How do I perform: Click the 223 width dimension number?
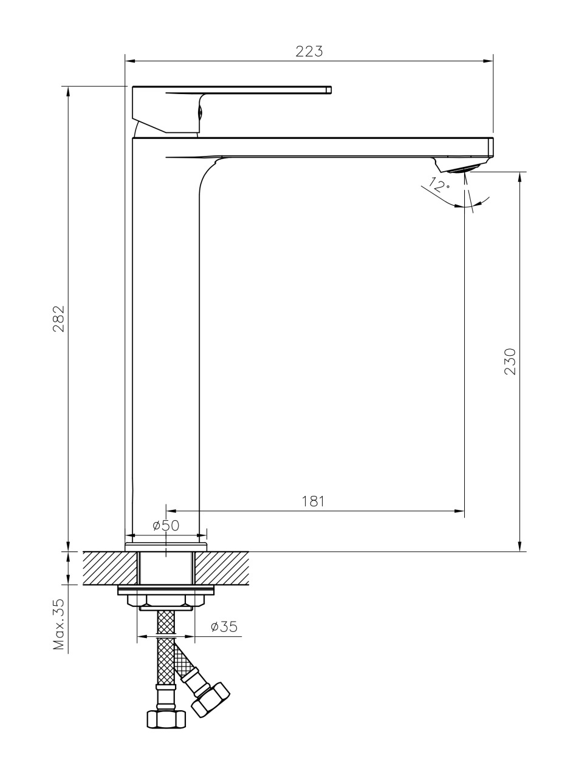[309, 51]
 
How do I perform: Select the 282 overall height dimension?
[58, 319]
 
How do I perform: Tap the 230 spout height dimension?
[510, 362]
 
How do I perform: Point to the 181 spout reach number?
[313, 501]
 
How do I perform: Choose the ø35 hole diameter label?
[224, 626]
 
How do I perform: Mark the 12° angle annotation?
[439, 185]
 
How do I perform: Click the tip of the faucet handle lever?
[329, 90]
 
